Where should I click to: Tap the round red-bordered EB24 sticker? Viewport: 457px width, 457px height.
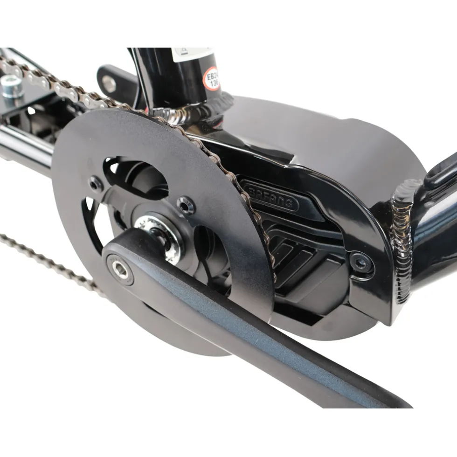(x=212, y=78)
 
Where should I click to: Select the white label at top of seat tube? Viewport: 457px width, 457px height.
(x=191, y=54)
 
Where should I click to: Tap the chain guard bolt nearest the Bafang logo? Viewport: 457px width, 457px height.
(x=186, y=204)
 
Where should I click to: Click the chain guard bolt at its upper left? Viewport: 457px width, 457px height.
(x=96, y=183)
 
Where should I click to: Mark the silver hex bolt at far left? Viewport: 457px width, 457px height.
(x=11, y=86)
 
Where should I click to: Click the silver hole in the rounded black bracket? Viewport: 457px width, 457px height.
(x=109, y=84)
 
